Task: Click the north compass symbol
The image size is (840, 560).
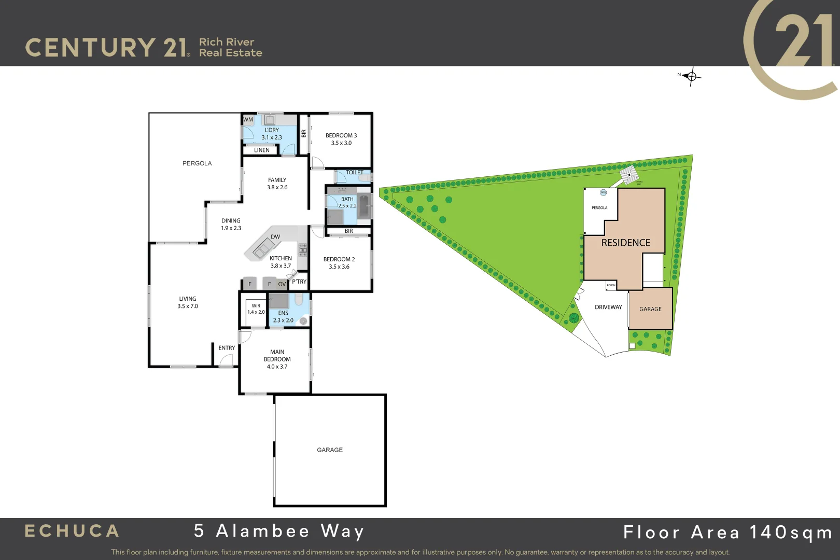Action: pos(691,77)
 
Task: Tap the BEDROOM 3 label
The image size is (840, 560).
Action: pos(341,135)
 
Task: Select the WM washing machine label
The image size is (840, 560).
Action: pos(248,120)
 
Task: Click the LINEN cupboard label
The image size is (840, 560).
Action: pos(262,150)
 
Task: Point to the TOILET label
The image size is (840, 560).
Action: pos(355,172)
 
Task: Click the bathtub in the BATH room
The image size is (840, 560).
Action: pos(364,206)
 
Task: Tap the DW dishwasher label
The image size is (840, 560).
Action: pos(275,237)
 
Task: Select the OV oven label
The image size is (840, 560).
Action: pos(282,284)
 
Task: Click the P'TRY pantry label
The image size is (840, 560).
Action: pos(299,282)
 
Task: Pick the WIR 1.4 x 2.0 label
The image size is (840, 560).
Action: pos(256,309)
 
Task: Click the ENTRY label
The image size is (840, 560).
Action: pos(227,348)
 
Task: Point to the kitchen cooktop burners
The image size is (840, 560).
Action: pos(302,250)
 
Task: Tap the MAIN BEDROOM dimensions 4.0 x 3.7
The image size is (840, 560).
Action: pos(277,367)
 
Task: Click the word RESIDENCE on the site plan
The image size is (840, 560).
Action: pos(625,243)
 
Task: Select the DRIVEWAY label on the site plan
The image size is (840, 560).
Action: pos(608,307)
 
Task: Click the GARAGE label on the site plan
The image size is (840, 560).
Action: pos(650,309)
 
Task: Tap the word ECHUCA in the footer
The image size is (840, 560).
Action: pos(72,531)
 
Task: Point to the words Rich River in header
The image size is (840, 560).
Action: pos(227,42)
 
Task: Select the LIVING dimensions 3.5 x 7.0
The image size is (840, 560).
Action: pos(188,306)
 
